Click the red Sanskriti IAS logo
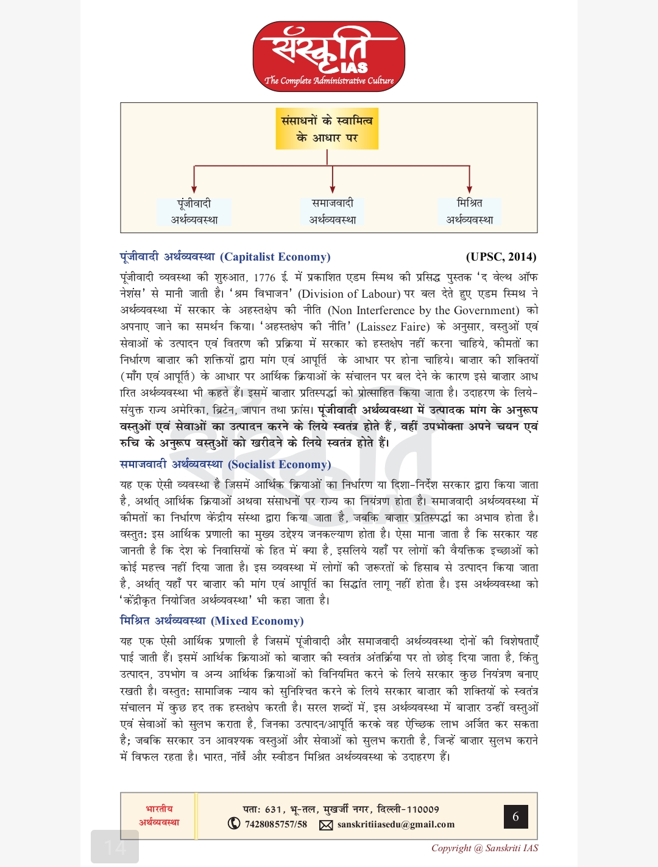point(329,57)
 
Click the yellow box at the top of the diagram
point(327,129)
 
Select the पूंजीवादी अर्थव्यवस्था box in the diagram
point(194,211)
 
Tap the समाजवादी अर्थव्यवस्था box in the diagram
point(332,211)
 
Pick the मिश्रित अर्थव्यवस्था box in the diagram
point(469,211)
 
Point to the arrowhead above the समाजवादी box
point(332,189)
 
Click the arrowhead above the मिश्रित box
point(469,189)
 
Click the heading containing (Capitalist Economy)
point(225,257)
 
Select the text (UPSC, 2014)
point(501,257)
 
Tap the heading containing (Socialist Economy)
point(225,465)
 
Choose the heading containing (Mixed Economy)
point(211,621)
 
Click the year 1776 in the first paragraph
point(264,278)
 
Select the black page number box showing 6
point(515,816)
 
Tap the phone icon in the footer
point(234,824)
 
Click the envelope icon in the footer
point(326,825)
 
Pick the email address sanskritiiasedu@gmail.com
point(396,824)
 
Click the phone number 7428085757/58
point(276,824)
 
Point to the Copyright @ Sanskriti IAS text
point(484,848)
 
